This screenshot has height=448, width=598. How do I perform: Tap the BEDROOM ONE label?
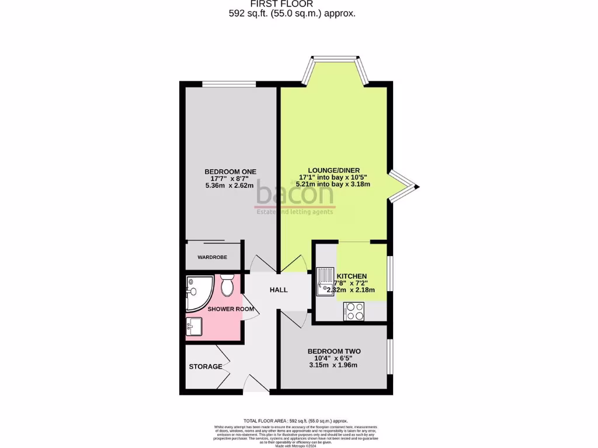(x=230, y=171)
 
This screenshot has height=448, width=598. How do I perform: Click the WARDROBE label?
(x=212, y=257)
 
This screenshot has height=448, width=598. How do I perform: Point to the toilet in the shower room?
(x=227, y=285)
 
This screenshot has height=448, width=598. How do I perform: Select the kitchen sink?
(x=324, y=281)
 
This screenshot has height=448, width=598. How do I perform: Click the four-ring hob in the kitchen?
(x=354, y=310)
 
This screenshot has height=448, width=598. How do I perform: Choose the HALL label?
(x=279, y=289)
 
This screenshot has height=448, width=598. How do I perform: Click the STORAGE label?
(x=205, y=367)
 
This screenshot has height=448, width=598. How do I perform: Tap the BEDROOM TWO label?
(x=334, y=351)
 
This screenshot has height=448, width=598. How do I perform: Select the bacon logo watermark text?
(x=295, y=194)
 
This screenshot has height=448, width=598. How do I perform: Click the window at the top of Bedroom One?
(x=229, y=85)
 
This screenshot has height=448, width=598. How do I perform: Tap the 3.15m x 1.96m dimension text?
(x=333, y=365)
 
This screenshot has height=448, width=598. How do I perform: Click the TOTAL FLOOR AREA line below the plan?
(x=295, y=421)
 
